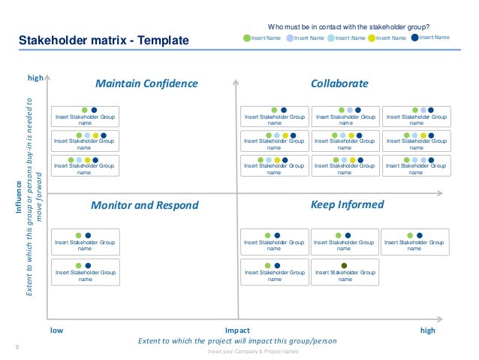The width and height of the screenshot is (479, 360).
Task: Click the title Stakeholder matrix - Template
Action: point(104,40)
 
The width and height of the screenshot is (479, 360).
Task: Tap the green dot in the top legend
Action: point(248,38)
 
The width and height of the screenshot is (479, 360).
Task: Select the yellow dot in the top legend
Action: point(372,38)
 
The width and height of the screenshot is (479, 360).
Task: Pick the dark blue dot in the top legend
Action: point(415,37)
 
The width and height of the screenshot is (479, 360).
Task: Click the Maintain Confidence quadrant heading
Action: point(147,83)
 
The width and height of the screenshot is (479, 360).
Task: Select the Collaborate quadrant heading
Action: point(339,83)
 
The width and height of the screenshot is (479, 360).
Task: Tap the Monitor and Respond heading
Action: point(144,205)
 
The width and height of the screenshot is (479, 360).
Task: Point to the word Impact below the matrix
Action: point(237,330)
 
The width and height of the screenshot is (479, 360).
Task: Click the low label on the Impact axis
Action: point(56,330)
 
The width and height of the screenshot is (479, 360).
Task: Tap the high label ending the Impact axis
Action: point(428,330)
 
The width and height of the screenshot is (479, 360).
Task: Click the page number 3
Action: point(17,346)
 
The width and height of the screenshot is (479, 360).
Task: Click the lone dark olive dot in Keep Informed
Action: point(344,265)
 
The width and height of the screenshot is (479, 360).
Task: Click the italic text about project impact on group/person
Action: point(237,340)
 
